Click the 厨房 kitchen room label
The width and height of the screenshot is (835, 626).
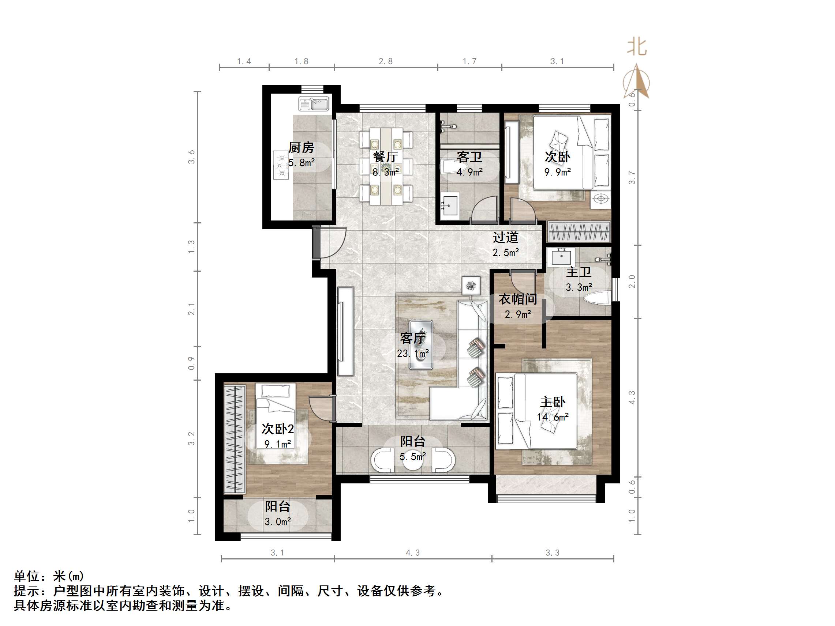coord(301,147)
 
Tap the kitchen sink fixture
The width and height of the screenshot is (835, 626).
coord(314,104)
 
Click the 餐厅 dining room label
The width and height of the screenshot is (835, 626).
coord(385,156)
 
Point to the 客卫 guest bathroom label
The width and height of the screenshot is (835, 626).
coord(469,156)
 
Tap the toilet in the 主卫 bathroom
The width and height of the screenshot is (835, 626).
coord(596,298)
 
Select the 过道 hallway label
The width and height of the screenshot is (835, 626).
coord(505,237)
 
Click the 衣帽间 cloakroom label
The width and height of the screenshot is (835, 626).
coord(518,299)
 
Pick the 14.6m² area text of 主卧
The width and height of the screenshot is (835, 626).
coord(553,417)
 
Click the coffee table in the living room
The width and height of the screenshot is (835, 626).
coord(421,344)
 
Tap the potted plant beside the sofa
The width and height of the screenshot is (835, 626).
coord(471,286)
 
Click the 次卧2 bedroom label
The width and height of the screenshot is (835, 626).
coord(277,429)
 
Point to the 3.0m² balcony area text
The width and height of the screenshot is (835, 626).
coord(277,521)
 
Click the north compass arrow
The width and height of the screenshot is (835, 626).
coord(637,82)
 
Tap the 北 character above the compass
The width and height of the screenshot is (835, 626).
coord(637,47)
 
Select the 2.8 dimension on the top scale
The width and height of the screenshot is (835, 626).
coord(386,61)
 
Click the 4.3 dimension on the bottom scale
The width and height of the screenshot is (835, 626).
coord(413,553)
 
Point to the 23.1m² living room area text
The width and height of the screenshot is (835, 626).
coord(413,354)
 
